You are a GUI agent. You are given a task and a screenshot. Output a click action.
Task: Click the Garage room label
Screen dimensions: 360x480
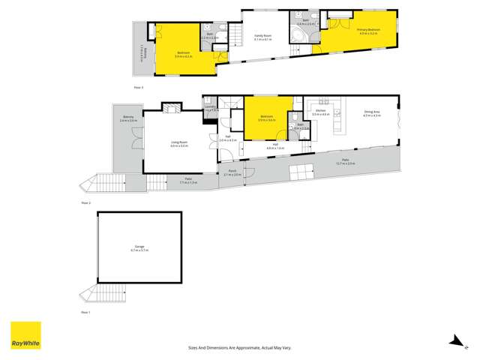[x=139, y=248]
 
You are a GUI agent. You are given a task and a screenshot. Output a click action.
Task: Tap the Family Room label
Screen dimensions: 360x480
[x=263, y=37]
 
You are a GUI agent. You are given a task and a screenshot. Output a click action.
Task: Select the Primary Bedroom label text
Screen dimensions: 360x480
[x=369, y=31]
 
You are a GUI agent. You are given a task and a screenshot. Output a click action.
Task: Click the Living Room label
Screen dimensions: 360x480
[x=179, y=144]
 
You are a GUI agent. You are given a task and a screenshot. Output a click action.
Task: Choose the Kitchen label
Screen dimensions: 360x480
[x=321, y=112]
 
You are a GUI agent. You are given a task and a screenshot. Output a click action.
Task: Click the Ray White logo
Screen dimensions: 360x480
[x=25, y=336]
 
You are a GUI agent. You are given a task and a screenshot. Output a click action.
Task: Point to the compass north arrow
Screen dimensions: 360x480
[x=454, y=342]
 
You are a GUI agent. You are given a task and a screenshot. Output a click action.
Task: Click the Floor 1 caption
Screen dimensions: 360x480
[x=85, y=311]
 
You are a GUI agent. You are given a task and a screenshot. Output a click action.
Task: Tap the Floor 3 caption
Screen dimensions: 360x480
[x=137, y=87]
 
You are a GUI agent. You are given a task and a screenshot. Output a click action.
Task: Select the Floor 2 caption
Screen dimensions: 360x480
[x=85, y=202]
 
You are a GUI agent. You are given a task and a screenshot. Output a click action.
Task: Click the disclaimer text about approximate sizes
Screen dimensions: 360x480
[x=239, y=348]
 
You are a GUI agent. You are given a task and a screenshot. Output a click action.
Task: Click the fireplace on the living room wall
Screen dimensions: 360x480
[x=171, y=107]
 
